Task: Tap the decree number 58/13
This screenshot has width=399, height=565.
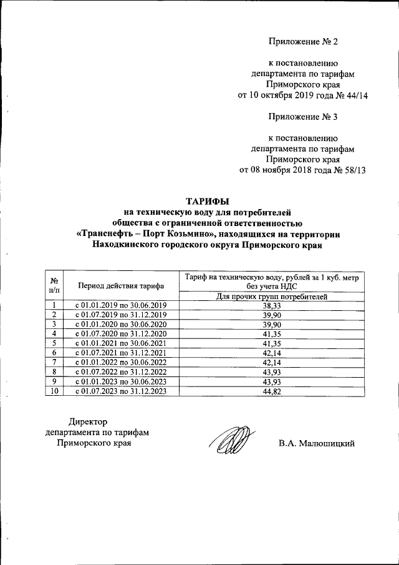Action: point(352,170)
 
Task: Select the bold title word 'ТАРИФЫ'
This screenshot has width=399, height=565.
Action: point(207,201)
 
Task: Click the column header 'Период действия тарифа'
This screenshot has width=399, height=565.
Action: point(120,286)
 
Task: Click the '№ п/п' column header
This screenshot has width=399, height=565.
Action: point(55,286)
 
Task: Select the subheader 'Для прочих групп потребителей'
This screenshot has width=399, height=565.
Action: point(271,297)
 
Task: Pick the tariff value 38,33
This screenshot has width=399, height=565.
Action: point(271,305)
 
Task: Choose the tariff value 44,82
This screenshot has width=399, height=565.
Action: point(271,391)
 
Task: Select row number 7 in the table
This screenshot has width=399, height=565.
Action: point(55,362)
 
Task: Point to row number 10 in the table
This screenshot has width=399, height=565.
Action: point(55,391)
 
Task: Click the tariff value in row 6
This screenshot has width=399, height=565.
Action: point(271,353)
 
